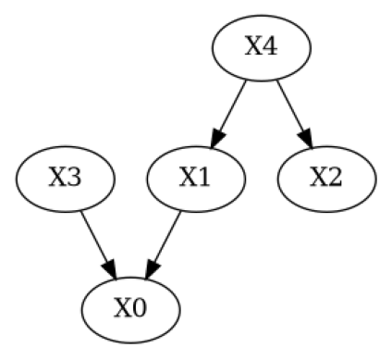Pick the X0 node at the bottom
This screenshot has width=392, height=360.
click(x=130, y=306)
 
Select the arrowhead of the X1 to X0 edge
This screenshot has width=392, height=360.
click(x=149, y=269)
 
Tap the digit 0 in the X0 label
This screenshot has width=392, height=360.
click(x=140, y=306)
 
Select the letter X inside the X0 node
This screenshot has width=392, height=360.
click(x=122, y=306)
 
